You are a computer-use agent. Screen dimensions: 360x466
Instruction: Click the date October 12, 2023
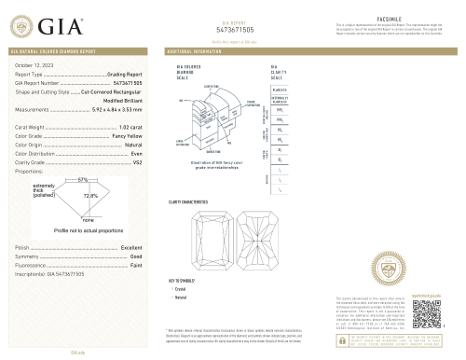tap(34, 63)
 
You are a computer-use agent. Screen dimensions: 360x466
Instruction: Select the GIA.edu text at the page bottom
tap(78, 353)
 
